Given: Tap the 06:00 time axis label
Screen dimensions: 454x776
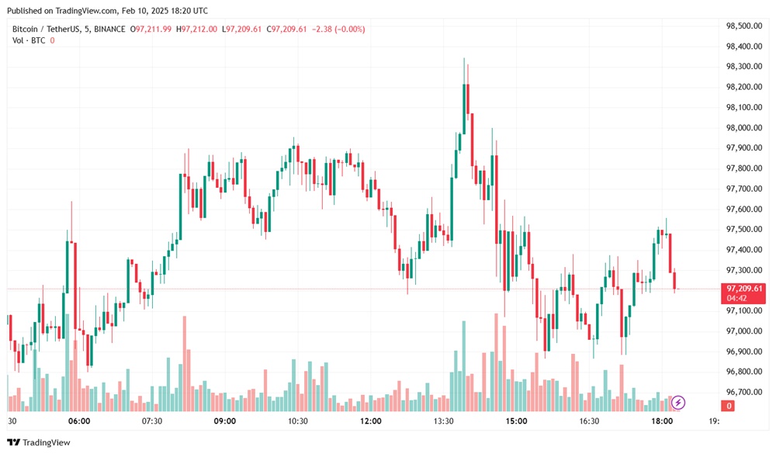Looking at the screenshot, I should tap(79, 421).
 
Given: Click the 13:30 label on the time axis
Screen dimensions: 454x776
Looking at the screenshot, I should tap(443, 421).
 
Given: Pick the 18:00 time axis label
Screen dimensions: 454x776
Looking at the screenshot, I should tap(662, 421).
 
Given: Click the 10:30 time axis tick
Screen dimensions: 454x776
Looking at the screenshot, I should tap(298, 421).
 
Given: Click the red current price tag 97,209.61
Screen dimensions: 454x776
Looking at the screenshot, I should tap(743, 289).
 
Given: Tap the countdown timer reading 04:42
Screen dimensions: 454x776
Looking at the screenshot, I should tap(736, 298).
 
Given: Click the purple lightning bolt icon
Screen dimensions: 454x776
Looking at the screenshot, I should tap(678, 402).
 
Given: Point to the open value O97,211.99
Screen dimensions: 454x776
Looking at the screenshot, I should tap(154, 29).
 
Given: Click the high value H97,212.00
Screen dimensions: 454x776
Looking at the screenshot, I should tap(198, 29).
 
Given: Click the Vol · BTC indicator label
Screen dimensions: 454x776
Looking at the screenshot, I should tap(29, 40).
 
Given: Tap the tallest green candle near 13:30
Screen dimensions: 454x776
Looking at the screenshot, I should tap(464, 109).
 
